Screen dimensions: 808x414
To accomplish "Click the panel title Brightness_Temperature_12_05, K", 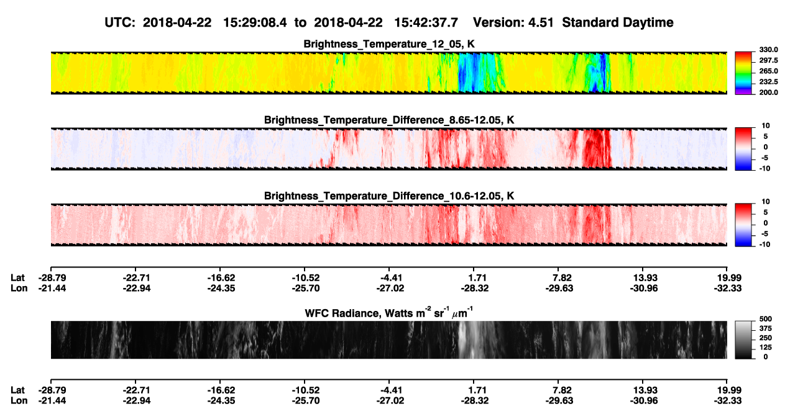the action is (x=389, y=44).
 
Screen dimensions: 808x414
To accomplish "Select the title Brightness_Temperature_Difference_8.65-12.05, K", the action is (x=389, y=120).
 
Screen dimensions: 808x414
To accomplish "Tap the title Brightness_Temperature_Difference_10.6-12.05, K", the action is (x=389, y=196).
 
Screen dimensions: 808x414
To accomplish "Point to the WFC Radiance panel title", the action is (x=389, y=312).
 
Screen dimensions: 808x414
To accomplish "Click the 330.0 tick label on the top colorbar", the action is (x=768, y=50).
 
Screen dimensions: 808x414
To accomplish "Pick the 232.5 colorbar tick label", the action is (x=768, y=82).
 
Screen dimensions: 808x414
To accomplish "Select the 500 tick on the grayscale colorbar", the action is (x=766, y=319).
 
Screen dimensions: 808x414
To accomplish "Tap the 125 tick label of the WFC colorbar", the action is (x=766, y=348).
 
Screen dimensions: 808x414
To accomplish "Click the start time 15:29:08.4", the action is (x=255, y=22).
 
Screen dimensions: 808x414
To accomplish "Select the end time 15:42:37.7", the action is (x=426, y=22).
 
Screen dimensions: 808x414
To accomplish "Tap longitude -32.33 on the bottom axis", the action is (x=728, y=401).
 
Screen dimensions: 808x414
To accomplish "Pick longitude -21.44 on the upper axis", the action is (x=52, y=288).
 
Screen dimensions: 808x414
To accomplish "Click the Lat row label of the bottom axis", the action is (x=17, y=390).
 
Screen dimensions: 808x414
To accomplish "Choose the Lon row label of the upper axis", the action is (x=19, y=288).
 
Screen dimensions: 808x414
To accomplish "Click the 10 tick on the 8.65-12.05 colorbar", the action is (x=766, y=126).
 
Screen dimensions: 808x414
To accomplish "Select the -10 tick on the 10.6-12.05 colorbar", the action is (x=764, y=245).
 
